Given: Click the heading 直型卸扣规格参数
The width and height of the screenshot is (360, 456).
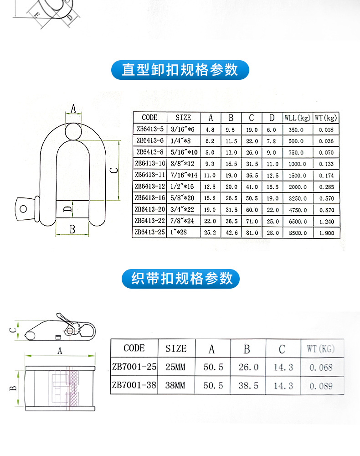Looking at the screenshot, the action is coord(180,70).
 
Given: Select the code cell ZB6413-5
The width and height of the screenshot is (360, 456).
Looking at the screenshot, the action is coord(149,130).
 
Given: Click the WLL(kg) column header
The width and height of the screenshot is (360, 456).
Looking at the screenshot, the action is coord(297,118).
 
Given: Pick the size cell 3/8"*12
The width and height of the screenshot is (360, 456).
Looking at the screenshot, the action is coord(183,164).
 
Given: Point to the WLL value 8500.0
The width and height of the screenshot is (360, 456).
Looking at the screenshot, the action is coord(297,233).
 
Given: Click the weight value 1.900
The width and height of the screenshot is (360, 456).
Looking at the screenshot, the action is coord(326,233).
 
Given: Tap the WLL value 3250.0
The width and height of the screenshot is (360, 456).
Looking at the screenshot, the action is coord(297,198).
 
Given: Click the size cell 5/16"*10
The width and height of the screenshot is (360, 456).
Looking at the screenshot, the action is coord(183,152).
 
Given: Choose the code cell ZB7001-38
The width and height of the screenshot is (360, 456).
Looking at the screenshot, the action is coord(134,385).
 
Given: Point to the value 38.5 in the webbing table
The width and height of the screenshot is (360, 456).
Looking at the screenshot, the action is coord(248,386).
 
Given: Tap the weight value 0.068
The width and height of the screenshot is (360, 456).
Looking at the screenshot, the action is coord(321,368).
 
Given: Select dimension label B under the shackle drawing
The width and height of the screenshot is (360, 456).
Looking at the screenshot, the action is coord(72,229).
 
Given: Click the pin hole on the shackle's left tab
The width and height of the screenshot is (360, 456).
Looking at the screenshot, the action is coord(23,208).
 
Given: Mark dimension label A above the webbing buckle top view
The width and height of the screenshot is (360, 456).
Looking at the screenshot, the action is coord(59,350).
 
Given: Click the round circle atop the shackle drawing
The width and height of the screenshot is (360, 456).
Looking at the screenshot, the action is coord(73,131).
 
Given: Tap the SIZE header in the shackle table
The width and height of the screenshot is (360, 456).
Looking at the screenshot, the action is coord(183,118).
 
